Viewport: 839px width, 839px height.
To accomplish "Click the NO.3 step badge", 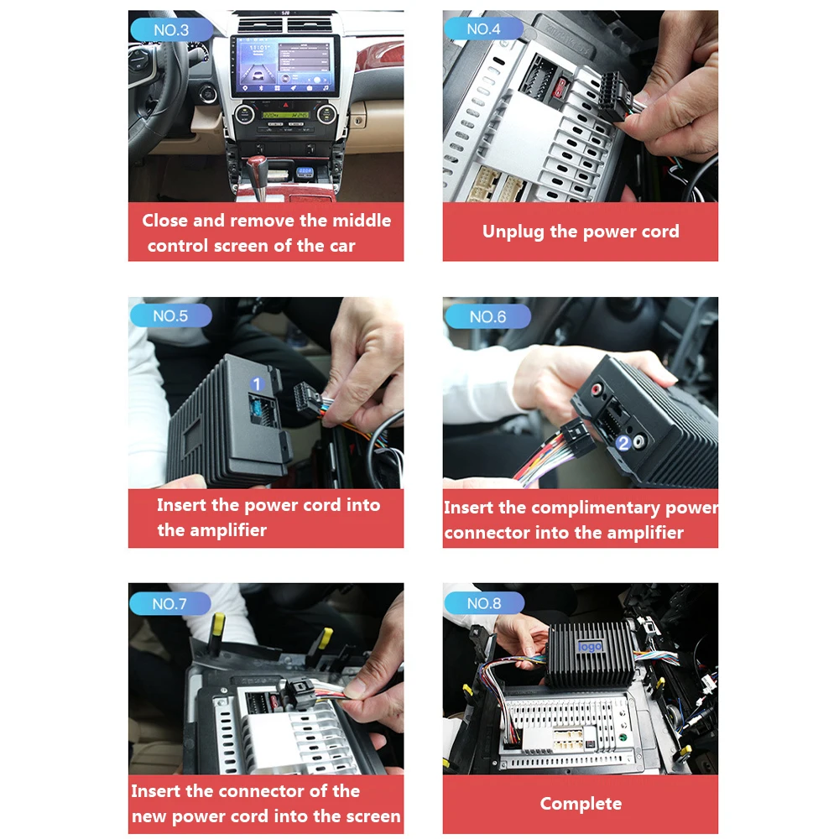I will pyautogui.click(x=170, y=30).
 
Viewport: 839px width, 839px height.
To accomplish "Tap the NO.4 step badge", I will pyautogui.click(x=483, y=29).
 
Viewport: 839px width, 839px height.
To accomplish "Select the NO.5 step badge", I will pyautogui.click(x=170, y=316).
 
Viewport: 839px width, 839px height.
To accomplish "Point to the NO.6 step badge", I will pyautogui.click(x=487, y=316).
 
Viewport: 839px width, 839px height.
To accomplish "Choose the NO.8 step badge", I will pyautogui.click(x=483, y=603).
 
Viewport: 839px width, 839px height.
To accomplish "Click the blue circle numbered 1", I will pyautogui.click(x=258, y=383).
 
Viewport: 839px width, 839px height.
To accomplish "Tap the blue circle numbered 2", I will pyautogui.click(x=623, y=443).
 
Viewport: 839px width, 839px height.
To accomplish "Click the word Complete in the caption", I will pyautogui.click(x=581, y=804).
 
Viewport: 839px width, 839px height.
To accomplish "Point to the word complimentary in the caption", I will pyautogui.click(x=596, y=508).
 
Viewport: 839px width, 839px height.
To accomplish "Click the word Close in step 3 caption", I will pyautogui.click(x=165, y=221).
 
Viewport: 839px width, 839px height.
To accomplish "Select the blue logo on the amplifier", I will pyautogui.click(x=590, y=646).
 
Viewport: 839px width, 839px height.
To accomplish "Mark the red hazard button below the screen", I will pyautogui.click(x=285, y=103).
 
